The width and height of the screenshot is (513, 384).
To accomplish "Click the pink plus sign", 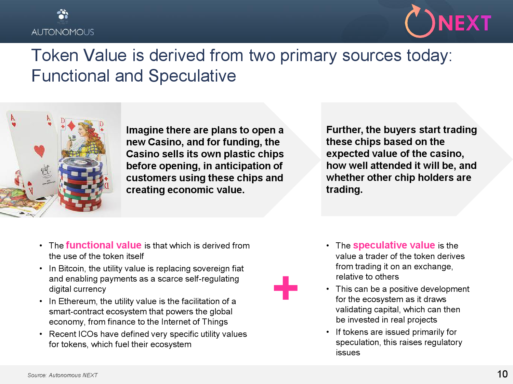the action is click(x=286, y=288).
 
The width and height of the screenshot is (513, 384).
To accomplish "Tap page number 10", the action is click(x=502, y=374).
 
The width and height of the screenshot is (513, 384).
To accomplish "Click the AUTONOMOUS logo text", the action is click(x=63, y=32).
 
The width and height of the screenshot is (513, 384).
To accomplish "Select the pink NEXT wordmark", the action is click(x=465, y=23).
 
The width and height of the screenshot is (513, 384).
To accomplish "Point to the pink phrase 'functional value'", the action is click(x=104, y=245).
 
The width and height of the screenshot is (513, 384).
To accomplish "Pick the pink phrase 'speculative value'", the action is click(x=394, y=245).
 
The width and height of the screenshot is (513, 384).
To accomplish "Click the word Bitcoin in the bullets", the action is click(x=71, y=268).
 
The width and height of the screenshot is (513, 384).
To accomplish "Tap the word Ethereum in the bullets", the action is click(x=77, y=301).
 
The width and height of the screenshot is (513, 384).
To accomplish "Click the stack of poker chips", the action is click(x=81, y=184).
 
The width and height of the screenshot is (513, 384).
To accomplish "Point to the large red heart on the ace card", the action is click(x=39, y=151).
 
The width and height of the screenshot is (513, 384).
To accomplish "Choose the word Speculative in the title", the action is click(x=192, y=76).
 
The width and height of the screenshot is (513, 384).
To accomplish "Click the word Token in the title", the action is click(x=55, y=55).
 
